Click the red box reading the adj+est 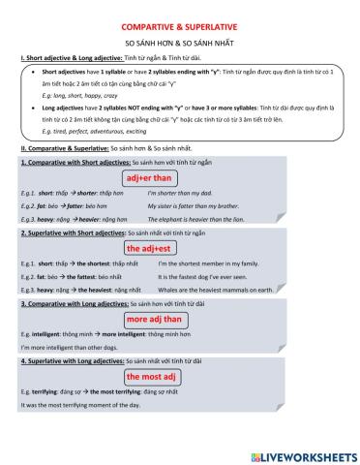click(149, 248)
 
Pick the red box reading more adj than click(154, 318)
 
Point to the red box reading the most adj click(150, 376)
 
